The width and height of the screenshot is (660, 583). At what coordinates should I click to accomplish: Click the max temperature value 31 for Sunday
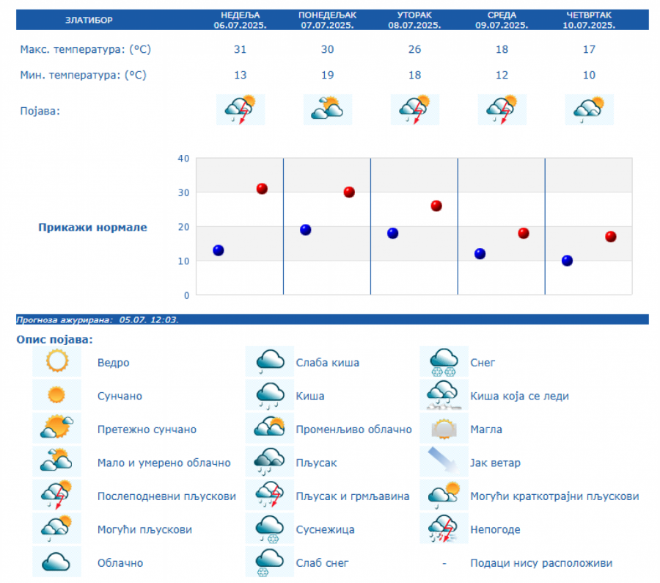coord(241,50)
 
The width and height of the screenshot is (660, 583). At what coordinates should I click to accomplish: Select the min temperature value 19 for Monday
coord(327,75)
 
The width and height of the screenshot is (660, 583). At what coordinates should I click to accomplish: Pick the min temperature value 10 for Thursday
coord(589,75)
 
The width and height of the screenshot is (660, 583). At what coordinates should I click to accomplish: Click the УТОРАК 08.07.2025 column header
coord(414,20)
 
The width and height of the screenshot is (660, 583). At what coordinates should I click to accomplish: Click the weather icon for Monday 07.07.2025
coord(327,109)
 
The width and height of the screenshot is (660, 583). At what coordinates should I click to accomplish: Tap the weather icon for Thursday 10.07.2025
coord(589,109)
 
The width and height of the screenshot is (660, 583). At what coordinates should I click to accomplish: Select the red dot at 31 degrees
coord(262,189)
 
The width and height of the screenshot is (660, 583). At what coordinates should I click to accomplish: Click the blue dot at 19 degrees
coord(306,230)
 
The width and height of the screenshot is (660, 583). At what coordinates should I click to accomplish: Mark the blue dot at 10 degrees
coord(567,261)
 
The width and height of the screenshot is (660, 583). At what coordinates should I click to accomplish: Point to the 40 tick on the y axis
coord(183,159)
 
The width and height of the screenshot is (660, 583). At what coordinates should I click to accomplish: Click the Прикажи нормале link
coord(92,228)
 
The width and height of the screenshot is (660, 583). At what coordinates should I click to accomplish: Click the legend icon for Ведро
coord(56,362)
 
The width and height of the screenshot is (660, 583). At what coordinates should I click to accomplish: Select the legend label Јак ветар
coord(495,463)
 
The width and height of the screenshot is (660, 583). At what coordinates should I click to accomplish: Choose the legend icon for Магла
coord(444,430)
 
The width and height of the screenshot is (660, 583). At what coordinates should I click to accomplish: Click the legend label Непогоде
coord(495,529)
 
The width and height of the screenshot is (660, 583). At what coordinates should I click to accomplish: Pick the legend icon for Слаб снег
coord(270,563)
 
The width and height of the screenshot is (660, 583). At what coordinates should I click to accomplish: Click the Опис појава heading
coord(55,340)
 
